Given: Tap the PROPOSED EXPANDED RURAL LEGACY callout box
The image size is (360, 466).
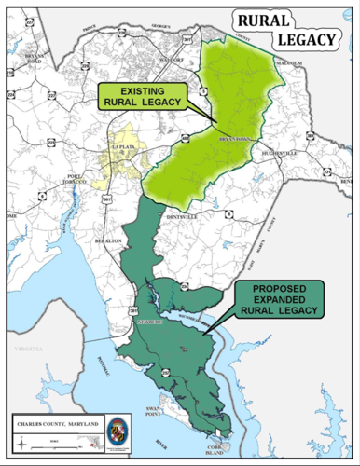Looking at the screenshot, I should pyautogui.click(x=278, y=298).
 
